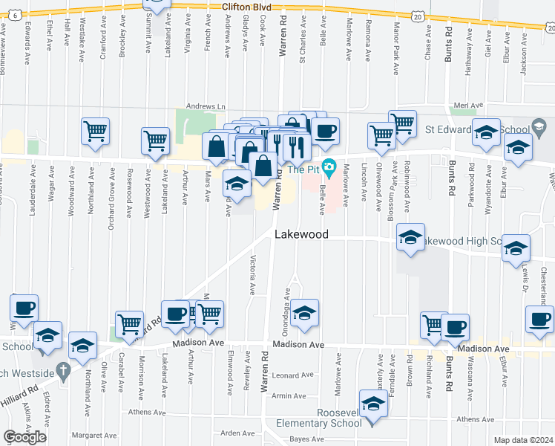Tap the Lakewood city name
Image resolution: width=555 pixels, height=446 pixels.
(301, 233)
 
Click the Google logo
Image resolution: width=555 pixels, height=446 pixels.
(24, 437)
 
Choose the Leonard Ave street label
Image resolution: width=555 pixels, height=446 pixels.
(289, 375)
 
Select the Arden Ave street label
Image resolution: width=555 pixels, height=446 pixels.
(237, 433)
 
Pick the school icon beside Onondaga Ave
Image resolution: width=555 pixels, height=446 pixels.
(303, 314)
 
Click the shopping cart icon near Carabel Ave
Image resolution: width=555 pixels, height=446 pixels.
(130, 324)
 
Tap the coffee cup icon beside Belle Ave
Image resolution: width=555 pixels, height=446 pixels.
(324, 132)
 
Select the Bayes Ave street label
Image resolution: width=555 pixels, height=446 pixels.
(307, 439)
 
